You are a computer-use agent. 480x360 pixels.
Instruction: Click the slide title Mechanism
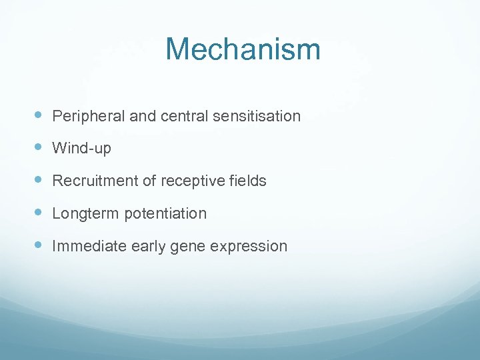click(x=243, y=50)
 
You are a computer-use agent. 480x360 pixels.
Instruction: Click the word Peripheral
click(x=88, y=116)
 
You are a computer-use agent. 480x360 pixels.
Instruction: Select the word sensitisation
click(x=257, y=116)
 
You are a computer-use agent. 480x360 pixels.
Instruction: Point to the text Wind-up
click(x=81, y=148)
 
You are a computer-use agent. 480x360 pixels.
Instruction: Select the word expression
click(x=248, y=246)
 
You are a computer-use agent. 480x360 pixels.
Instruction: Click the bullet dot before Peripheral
click(x=38, y=115)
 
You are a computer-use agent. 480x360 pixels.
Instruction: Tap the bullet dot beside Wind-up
click(x=38, y=147)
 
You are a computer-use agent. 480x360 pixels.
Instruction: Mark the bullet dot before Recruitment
click(x=38, y=180)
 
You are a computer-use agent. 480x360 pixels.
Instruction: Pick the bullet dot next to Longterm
click(x=38, y=213)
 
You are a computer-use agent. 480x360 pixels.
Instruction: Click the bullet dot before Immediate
click(x=38, y=245)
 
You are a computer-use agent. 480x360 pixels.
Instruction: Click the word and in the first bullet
click(x=142, y=116)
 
